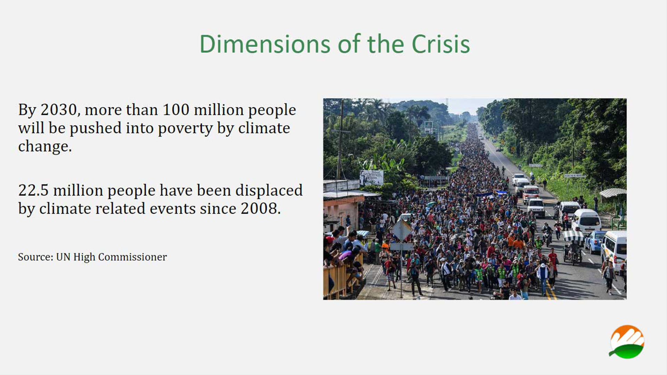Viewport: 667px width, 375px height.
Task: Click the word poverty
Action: pyautogui.click(x=185, y=129)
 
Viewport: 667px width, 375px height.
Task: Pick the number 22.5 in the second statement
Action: pyautogui.click(x=33, y=190)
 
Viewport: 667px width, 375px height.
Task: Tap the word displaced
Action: pyautogui.click(x=269, y=191)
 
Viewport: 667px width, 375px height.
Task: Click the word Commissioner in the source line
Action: pyautogui.click(x=132, y=257)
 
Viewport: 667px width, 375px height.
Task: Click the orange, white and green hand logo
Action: pyautogui.click(x=627, y=342)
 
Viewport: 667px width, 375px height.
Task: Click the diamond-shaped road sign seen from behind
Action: pyautogui.click(x=402, y=230)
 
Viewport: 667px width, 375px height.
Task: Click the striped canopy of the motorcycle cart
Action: pyautogui.click(x=573, y=236)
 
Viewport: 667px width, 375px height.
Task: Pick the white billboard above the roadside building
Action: pyautogui.click(x=372, y=177)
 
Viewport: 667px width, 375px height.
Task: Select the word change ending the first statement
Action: pyautogui.click(x=45, y=147)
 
